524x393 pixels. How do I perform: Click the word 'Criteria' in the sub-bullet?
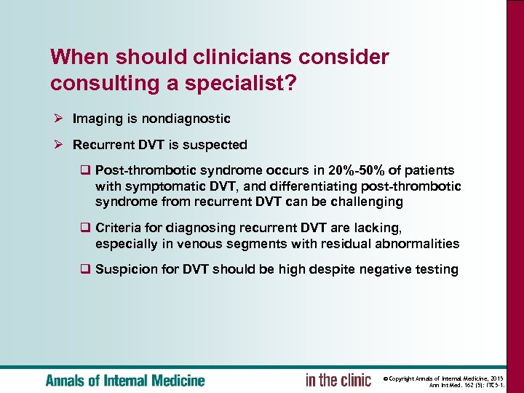(119, 229)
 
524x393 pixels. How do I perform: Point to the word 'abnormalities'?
(418, 243)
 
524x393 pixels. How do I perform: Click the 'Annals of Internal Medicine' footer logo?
(125, 380)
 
